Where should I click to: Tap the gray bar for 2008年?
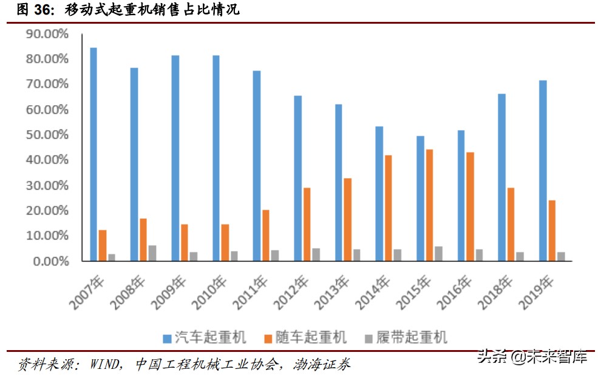click(152, 253)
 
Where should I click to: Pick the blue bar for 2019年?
click(543, 171)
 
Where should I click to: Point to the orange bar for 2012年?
click(307, 224)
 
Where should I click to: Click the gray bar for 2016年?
click(478, 255)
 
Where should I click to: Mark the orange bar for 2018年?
click(511, 224)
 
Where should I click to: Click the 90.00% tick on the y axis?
click(47, 34)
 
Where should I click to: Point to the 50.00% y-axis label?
click(47, 135)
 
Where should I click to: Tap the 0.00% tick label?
click(50, 261)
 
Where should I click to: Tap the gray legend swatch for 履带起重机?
click(369, 338)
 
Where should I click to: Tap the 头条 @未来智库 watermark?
click(531, 356)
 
